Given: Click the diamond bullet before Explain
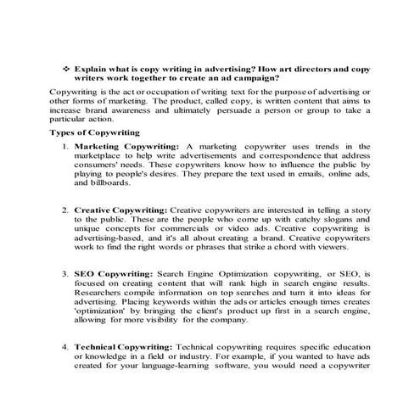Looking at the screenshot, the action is (x=65, y=65).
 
